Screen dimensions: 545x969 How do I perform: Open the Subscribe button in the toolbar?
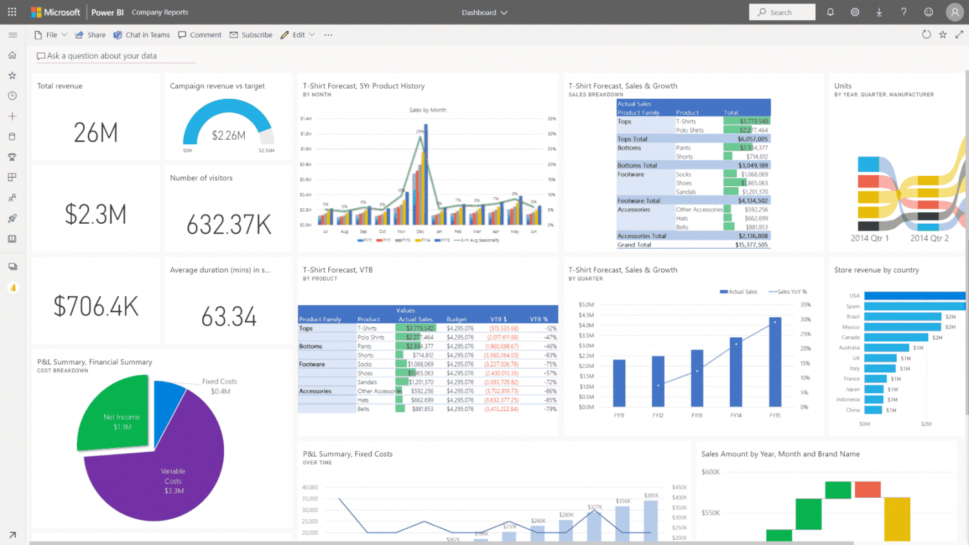251,35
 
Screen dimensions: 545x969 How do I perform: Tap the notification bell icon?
830,12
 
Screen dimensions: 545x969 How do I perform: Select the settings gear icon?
855,12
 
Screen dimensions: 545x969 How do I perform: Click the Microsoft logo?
56,12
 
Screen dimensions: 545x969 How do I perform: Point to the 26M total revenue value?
96,133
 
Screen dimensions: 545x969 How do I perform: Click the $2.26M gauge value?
229,136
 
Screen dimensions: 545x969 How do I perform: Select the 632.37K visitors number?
229,225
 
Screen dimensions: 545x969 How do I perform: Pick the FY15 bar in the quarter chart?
775,362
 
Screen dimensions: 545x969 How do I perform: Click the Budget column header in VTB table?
456,319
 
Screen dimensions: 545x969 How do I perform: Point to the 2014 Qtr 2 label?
929,239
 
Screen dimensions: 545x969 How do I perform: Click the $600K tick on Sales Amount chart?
711,472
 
